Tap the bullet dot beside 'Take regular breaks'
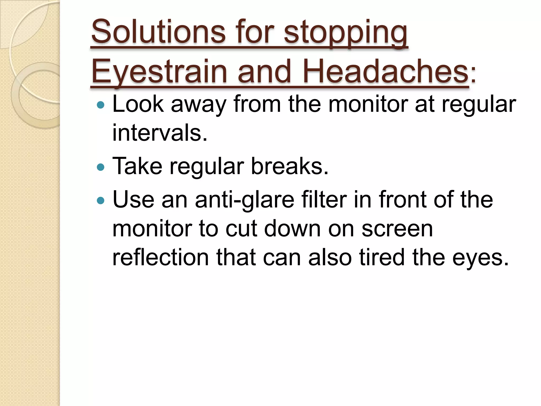pos(101,167)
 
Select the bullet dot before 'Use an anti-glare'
pos(101,200)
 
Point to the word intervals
pos(160,133)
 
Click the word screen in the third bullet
pos(397,229)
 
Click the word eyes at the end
pos(480,259)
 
